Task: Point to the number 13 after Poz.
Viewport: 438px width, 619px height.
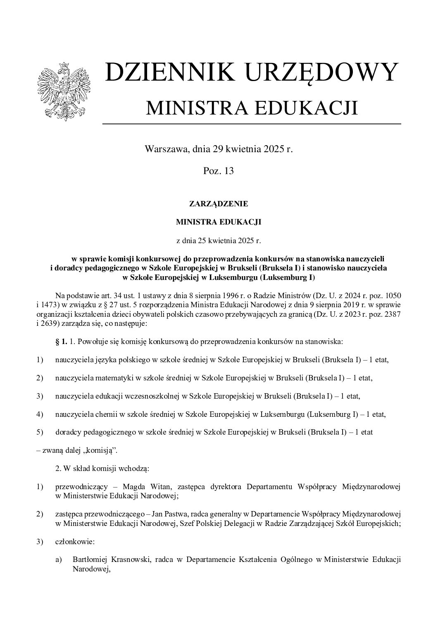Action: pos(229,170)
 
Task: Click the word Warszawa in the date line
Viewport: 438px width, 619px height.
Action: pos(164,148)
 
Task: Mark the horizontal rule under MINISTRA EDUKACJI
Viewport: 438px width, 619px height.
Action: pos(251,124)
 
